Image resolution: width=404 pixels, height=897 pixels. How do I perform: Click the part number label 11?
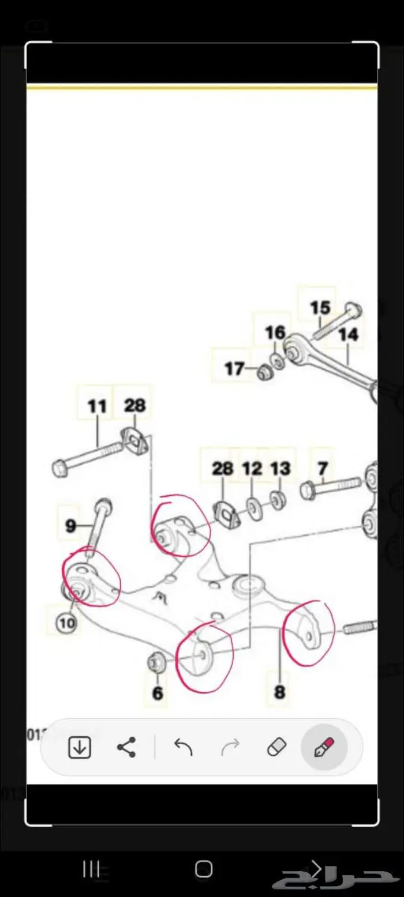click(x=97, y=406)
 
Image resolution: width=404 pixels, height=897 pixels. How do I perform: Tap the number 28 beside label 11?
click(x=134, y=405)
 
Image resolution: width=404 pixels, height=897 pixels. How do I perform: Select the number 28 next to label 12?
click(x=222, y=468)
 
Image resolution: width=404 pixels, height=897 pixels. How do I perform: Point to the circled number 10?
click(x=66, y=623)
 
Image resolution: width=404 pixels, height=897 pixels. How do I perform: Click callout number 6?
click(x=158, y=693)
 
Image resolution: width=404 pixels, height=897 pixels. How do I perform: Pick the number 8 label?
click(x=279, y=692)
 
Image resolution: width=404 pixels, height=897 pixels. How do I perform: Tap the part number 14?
click(x=348, y=334)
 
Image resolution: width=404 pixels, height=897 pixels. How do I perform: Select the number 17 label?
click(x=234, y=368)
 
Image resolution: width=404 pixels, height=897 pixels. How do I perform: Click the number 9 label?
click(x=70, y=526)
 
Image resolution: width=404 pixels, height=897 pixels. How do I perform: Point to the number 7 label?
click(x=322, y=468)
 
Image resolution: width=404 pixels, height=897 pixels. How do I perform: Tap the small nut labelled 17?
click(x=265, y=372)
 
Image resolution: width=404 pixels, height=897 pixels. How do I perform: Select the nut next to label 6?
click(x=155, y=663)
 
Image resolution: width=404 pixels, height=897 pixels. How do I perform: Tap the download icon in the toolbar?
click(x=79, y=748)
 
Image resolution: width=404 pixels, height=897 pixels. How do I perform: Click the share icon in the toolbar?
click(x=126, y=748)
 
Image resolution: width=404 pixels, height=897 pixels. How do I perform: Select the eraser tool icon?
click(x=277, y=748)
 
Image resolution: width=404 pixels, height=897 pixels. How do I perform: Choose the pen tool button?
click(x=324, y=748)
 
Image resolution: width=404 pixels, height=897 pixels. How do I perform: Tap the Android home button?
click(x=203, y=869)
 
